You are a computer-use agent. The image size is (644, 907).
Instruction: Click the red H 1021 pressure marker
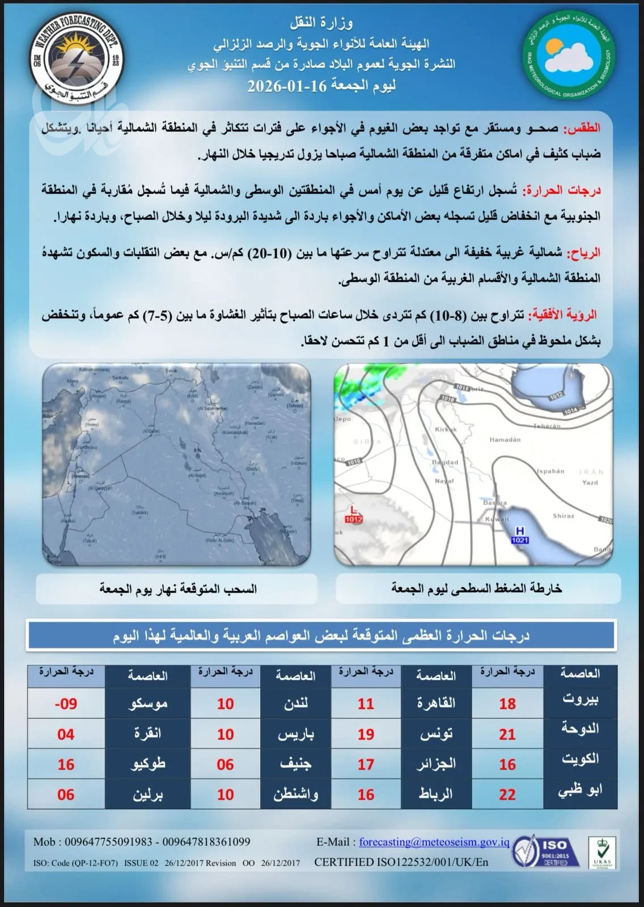point(519,535)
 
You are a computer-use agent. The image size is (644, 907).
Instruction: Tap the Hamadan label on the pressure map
point(505,439)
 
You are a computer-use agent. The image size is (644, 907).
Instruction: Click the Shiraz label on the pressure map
point(563,516)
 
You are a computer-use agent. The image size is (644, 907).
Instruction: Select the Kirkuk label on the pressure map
point(446,430)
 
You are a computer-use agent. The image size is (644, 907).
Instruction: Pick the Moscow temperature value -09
point(66,703)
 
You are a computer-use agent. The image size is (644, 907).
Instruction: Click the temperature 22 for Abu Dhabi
point(507,794)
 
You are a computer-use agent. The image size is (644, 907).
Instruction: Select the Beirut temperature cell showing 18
point(507,703)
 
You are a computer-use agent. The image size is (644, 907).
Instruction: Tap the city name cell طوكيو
point(148,764)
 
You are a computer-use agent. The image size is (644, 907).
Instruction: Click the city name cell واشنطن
point(295,794)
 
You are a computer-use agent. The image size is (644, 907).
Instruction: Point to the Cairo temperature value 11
point(366,703)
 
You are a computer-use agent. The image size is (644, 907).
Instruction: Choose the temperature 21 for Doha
point(507,734)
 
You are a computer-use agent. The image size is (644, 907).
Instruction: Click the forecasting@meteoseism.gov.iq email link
point(434,842)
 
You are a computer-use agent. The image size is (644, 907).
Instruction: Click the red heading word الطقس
point(581,128)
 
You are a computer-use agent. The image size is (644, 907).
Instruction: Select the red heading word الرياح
point(583,252)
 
